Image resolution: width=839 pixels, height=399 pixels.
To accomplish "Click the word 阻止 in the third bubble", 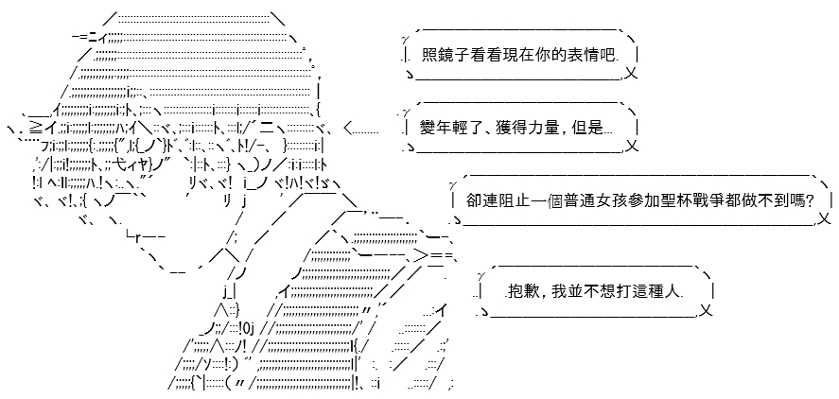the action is (508, 200).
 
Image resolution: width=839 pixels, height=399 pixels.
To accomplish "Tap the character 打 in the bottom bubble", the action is (629, 291).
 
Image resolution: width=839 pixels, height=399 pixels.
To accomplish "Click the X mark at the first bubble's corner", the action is (631, 73).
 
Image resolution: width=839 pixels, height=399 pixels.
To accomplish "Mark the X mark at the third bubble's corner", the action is (825, 218).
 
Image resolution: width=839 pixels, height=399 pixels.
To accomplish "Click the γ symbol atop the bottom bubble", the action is (481, 275).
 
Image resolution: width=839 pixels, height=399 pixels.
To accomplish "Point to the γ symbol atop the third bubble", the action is (453, 184).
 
